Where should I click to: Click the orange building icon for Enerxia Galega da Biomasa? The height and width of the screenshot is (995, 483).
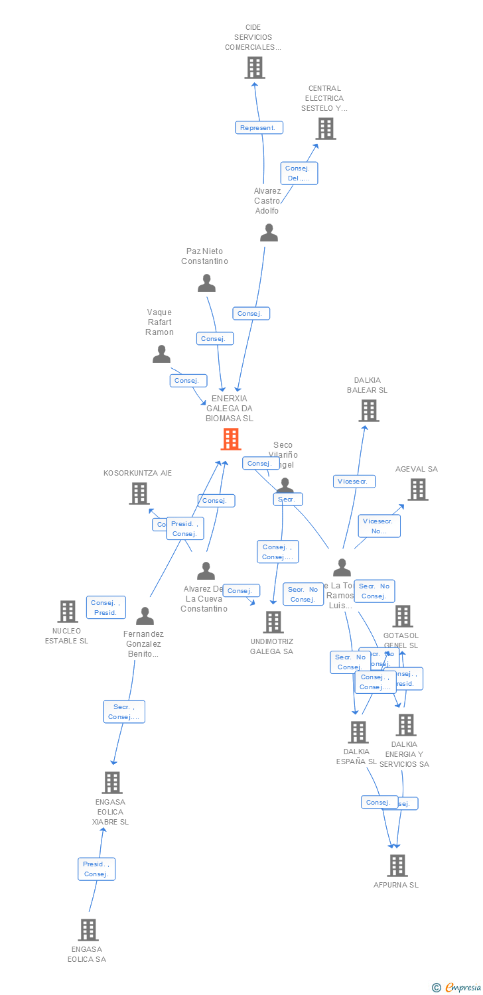231,439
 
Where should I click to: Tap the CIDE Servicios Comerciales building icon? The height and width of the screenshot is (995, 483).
254,68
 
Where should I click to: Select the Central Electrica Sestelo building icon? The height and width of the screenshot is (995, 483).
325,129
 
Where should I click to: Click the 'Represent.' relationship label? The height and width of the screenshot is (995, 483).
259,127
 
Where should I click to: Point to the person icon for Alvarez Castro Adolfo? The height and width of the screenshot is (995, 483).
269,233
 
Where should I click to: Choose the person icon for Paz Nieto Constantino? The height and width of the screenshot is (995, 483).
207,283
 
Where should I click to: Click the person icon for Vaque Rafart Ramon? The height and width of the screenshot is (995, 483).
161,354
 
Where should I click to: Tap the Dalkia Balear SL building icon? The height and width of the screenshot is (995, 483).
368,411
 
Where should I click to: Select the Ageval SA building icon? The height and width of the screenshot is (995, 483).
417,490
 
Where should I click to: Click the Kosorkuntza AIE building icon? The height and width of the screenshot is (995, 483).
139,494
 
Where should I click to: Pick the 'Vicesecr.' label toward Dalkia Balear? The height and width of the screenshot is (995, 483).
354,481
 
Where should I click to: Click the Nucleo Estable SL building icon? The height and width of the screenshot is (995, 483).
68,611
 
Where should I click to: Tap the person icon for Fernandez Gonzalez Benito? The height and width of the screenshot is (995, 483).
145,616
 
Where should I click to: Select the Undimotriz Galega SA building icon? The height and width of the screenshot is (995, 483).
273,622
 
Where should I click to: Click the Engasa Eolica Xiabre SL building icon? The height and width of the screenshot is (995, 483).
112,783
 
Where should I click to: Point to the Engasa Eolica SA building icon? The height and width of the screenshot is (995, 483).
88,930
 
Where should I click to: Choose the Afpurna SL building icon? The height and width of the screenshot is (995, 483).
397,865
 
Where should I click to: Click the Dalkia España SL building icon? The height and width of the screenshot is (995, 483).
358,732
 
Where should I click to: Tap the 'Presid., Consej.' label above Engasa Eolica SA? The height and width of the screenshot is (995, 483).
96,869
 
